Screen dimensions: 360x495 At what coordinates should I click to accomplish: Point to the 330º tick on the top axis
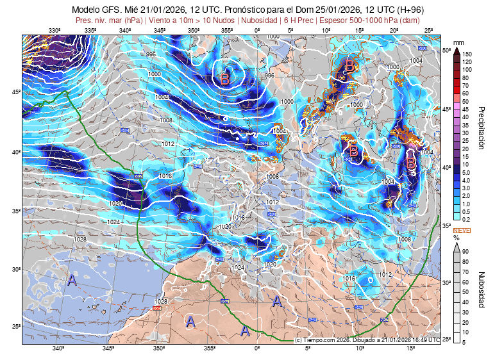(x=55, y=31)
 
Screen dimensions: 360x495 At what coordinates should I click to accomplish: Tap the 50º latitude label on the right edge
(x=447, y=50)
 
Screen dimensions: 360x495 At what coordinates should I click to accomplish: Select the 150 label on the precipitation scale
(x=467, y=54)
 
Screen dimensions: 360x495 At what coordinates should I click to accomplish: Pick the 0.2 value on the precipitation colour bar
(x=467, y=219)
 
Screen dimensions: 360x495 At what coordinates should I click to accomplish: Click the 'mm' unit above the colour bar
(x=458, y=43)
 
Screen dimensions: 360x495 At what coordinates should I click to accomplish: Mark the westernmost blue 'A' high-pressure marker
(x=72, y=281)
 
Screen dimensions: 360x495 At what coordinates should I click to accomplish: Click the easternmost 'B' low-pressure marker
(x=412, y=165)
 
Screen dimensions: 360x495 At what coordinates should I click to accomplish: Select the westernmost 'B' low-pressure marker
(x=225, y=79)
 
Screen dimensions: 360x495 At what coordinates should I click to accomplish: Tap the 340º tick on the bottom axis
(x=58, y=349)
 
